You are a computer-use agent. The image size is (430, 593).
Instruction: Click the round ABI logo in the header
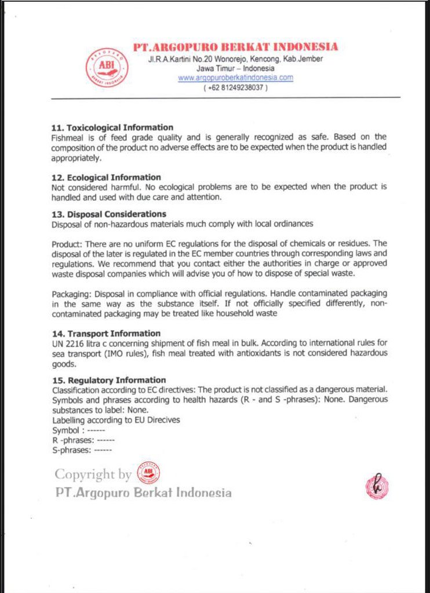(107, 67)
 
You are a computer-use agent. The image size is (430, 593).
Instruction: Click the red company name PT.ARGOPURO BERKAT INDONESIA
(235, 47)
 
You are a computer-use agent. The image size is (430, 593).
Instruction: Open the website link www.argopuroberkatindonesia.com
(235, 77)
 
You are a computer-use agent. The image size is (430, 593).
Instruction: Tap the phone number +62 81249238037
(235, 87)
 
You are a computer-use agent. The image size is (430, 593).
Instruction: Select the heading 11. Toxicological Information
(112, 127)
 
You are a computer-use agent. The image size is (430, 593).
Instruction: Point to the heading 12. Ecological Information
(107, 177)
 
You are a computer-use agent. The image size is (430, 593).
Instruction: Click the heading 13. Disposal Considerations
(109, 214)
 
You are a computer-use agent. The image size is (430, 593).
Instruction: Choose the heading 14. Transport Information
(106, 334)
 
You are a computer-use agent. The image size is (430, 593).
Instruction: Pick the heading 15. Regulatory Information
(109, 380)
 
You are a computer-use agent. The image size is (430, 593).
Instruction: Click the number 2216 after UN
(75, 343)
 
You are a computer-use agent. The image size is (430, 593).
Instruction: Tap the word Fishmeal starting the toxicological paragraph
(68, 137)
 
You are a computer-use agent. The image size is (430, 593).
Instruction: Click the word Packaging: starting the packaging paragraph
(71, 294)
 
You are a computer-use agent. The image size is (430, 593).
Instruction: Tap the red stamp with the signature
(377, 486)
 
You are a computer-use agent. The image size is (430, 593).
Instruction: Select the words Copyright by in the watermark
(93, 474)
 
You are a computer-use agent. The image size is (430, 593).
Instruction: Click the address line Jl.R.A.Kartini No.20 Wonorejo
(235, 59)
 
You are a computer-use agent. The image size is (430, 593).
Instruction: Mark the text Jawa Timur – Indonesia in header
(235, 68)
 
